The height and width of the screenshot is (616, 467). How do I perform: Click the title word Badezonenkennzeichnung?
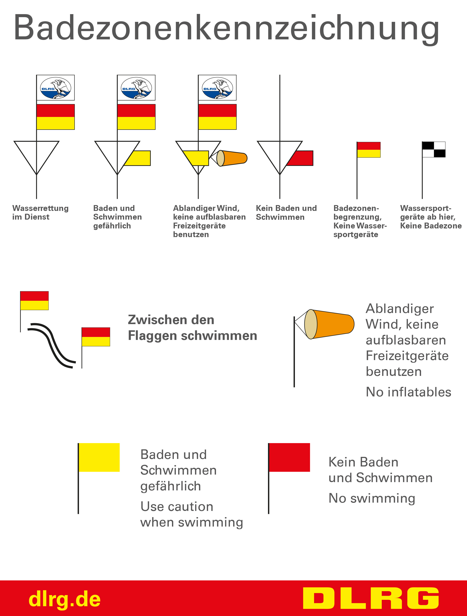point(226,28)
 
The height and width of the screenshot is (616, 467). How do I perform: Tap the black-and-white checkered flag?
point(434,150)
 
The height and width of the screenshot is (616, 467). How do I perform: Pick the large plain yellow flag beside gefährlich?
point(99,457)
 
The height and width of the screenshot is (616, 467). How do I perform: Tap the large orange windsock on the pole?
point(329,324)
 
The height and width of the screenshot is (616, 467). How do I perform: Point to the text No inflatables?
point(408,392)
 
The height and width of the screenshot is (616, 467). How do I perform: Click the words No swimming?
point(372,498)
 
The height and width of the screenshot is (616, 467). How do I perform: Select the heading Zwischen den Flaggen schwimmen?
point(192,327)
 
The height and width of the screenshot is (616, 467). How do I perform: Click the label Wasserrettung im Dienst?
point(40,212)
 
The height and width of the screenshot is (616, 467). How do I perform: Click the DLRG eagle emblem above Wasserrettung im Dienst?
point(55,88)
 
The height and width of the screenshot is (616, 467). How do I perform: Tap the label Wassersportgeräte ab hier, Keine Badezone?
point(430,217)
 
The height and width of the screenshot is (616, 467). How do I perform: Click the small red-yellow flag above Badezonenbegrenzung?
point(368,150)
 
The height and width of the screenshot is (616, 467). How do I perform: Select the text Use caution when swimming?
point(192,514)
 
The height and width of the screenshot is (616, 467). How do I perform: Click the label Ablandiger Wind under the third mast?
point(209,221)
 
